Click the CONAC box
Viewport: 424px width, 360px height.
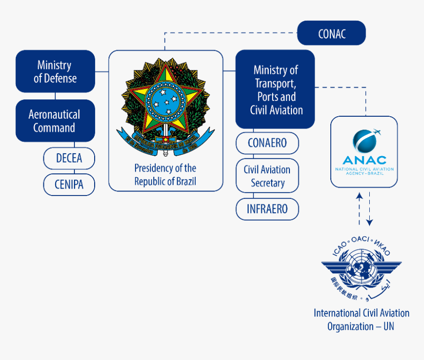point(331,33)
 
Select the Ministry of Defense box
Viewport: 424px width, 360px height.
point(55,71)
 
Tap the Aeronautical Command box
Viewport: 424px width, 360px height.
point(55,121)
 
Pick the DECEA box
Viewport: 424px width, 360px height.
point(69,159)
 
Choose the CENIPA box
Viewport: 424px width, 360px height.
point(69,185)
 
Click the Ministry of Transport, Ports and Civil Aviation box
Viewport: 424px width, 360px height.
point(275,90)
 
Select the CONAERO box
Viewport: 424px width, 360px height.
point(267,143)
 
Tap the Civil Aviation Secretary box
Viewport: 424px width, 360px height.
point(267,176)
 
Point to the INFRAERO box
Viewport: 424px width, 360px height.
point(267,209)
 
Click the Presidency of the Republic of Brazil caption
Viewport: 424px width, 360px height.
point(165,174)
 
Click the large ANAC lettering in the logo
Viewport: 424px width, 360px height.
point(364,161)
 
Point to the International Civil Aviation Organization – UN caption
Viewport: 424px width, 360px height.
point(361,319)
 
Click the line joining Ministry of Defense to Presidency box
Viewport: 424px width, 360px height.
point(102,71)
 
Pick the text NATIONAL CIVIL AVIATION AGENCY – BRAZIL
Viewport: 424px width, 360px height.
point(364,171)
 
